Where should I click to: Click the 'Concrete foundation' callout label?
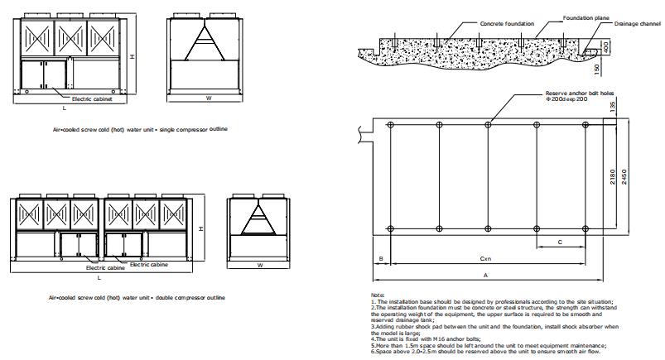[x=507, y=24]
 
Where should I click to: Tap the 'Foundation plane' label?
[x=586, y=18]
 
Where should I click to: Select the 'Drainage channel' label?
[x=638, y=24]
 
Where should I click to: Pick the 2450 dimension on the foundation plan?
[x=624, y=177]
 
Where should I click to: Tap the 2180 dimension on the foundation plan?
[x=612, y=177]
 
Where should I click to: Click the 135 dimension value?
[x=612, y=107]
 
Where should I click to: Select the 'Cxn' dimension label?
[x=485, y=258]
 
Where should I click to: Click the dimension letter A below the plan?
[x=485, y=276]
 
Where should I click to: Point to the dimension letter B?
[x=381, y=259]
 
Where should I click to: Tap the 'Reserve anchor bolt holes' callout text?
[x=580, y=94]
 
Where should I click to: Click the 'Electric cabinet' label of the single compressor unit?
[x=92, y=98]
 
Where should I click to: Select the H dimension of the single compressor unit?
[x=133, y=56]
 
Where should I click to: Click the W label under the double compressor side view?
[x=260, y=265]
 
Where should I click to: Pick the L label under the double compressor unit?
[x=99, y=278]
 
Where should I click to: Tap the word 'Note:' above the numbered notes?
[x=378, y=295]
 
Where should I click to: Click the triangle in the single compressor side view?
[x=205, y=43]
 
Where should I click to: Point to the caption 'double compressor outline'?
[x=190, y=298]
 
